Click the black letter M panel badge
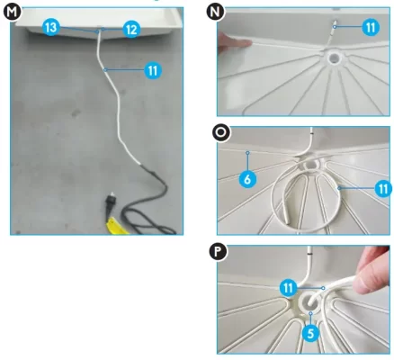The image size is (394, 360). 13,12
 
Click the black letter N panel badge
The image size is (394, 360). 215,11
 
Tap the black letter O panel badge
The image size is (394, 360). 221,132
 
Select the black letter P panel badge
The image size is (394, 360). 218,251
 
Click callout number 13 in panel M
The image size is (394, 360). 51,27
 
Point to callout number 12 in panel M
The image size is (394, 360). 131,29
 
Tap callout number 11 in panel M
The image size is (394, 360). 153,70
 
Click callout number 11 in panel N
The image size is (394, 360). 371,27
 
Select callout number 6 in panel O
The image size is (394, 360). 247,179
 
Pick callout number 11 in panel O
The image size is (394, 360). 383,189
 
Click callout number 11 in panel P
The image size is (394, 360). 288,288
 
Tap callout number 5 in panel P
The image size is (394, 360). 310,333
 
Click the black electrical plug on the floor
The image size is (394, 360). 109,203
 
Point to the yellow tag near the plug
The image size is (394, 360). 115,226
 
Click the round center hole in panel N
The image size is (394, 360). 333,58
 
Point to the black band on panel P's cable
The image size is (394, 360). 310,254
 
